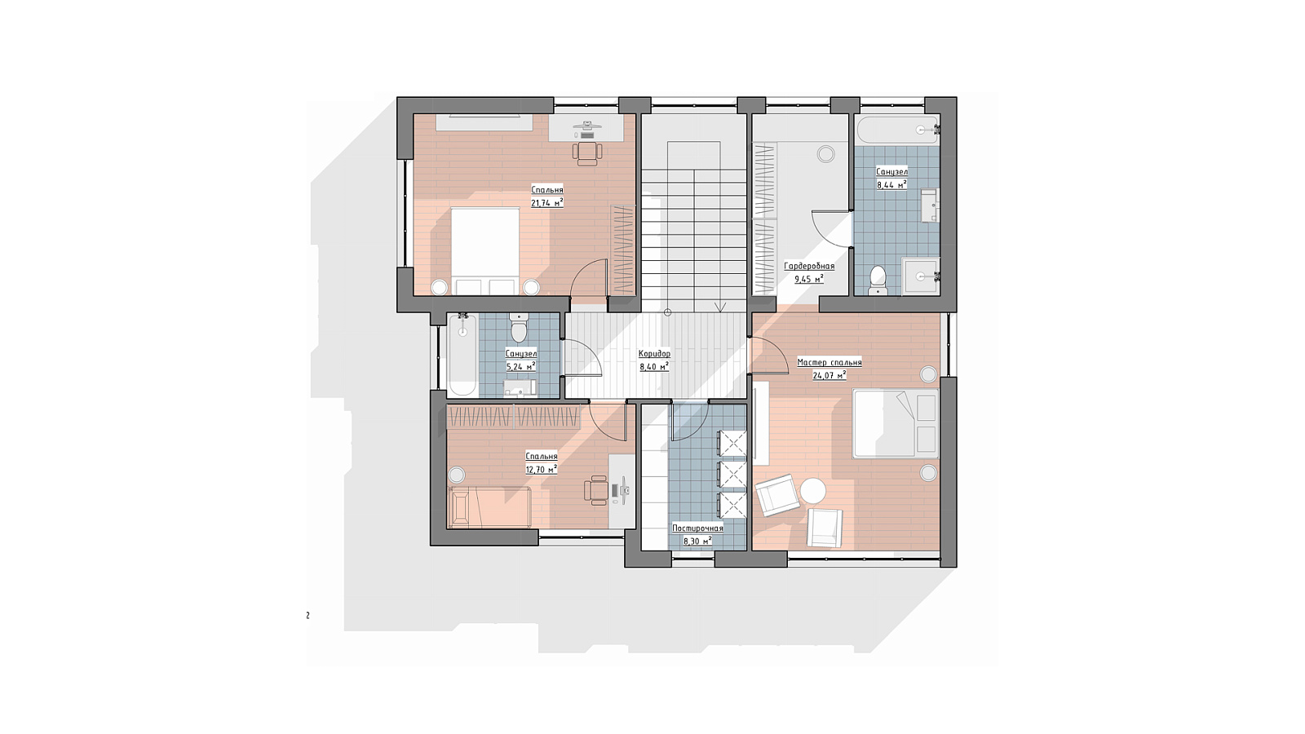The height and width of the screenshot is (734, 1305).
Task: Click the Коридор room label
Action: click(654, 354)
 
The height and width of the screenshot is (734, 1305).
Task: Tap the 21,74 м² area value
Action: click(547, 203)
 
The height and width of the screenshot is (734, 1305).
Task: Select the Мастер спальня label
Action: click(829, 362)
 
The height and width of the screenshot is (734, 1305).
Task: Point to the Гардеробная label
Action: click(808, 266)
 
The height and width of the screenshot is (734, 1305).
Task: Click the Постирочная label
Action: click(697, 528)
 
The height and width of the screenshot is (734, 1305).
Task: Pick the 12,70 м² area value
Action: click(542, 469)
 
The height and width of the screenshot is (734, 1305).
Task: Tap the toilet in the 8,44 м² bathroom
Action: click(877, 281)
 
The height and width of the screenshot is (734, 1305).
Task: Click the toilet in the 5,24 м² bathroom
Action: click(518, 328)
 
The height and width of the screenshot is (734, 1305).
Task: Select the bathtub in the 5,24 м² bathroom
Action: click(462, 356)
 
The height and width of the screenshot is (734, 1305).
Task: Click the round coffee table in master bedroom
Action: click(812, 490)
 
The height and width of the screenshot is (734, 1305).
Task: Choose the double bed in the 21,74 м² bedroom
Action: click(485, 252)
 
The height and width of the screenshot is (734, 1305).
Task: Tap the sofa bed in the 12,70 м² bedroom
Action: click(489, 506)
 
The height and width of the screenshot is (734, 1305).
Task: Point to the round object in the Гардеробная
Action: click(825, 154)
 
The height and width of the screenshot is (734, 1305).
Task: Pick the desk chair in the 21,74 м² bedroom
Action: click(586, 153)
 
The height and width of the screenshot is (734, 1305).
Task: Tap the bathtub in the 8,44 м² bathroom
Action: click(897, 130)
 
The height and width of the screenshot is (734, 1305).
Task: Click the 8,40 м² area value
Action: click(654, 366)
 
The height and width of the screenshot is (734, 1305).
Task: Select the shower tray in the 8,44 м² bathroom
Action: click(921, 276)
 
